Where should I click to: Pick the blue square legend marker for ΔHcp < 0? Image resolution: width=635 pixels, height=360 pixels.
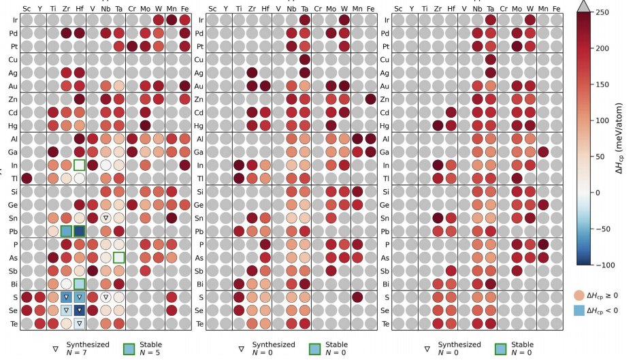578,312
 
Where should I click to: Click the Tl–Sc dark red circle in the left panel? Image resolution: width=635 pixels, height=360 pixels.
27,178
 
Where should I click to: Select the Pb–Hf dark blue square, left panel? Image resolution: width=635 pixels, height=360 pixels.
80,231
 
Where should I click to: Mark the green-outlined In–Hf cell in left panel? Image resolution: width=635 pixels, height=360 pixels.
80,165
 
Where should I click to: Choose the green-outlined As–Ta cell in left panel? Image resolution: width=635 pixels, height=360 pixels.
119,257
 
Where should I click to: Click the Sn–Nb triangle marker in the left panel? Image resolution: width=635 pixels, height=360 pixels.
105,218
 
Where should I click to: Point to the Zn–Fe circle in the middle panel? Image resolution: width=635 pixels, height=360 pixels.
370,99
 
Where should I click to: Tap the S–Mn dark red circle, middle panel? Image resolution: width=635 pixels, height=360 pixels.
357,297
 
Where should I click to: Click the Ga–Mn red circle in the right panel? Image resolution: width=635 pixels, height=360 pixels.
543,152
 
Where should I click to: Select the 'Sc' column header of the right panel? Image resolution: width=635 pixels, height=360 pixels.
398,9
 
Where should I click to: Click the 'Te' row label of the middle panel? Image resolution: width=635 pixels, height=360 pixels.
197,323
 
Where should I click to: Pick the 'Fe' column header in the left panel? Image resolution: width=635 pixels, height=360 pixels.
185,9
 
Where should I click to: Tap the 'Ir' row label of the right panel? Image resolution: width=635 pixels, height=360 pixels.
385,20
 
